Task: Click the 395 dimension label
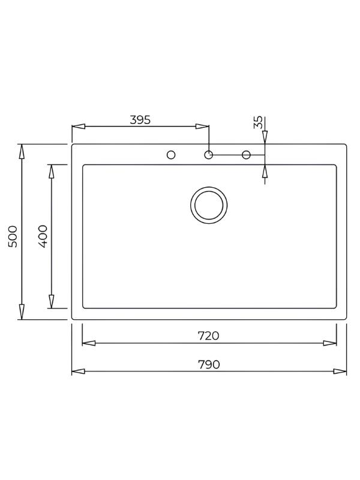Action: click(140, 119)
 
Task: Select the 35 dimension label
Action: click(258, 122)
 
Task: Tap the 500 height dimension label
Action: click(13, 236)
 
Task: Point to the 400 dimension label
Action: click(43, 236)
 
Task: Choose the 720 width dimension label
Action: click(208, 336)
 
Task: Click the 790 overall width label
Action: click(209, 364)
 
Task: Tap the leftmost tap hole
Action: click(171, 155)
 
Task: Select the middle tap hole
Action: click(208, 155)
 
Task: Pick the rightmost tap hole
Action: click(246, 155)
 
